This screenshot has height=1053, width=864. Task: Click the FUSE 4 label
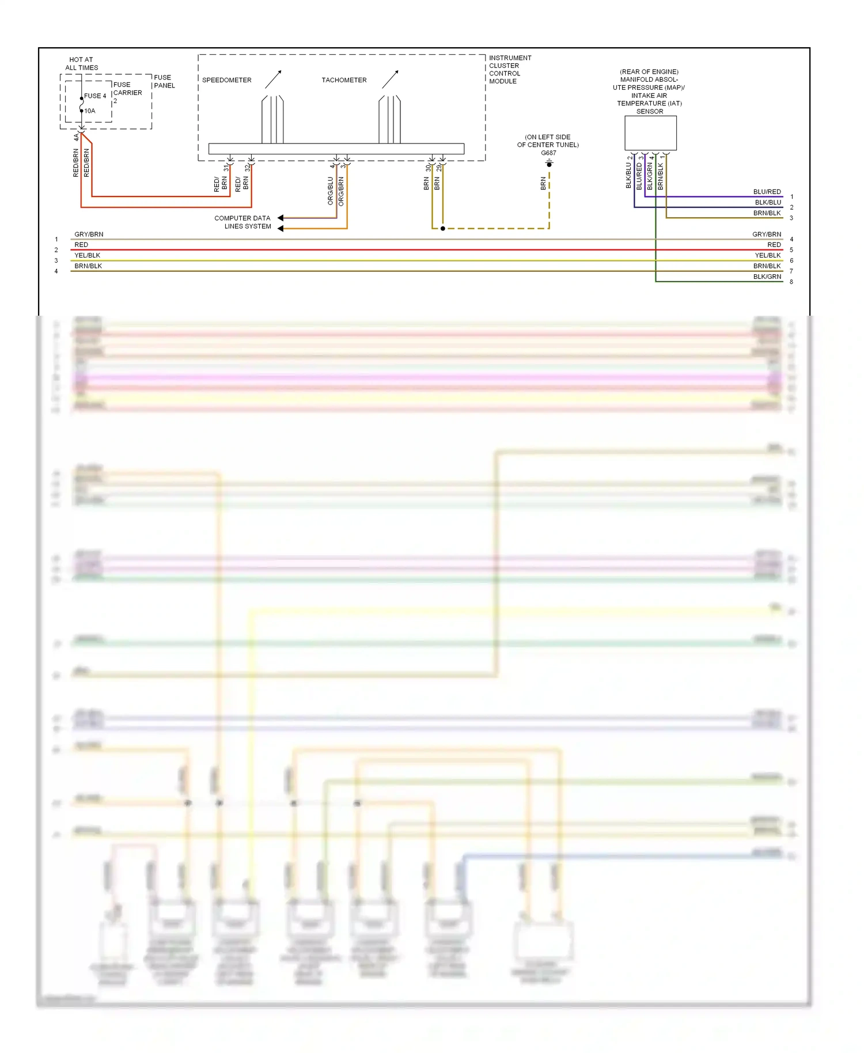pos(95,96)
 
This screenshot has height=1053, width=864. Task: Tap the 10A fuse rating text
pos(90,111)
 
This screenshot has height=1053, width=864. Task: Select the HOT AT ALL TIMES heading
pos(81,63)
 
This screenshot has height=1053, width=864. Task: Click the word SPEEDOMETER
pos(226,80)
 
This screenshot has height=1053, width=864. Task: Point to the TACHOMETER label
pos(344,80)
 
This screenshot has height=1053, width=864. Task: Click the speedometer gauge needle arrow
pos(273,79)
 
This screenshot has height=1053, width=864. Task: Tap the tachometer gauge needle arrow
pos(390,79)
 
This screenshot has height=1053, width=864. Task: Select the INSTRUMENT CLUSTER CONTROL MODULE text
pos(510,69)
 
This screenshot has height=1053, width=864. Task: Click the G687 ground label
pos(548,153)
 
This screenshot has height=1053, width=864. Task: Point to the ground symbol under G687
pos(549,164)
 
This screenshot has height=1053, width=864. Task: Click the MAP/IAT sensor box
pos(650,132)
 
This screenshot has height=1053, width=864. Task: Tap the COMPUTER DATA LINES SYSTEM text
pos(242,222)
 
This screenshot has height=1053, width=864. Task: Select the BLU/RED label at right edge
pos(767,192)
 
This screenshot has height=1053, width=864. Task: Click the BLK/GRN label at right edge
pos(767,276)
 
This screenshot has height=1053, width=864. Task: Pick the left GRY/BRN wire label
pos(89,234)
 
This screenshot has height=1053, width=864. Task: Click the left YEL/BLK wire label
pos(87,255)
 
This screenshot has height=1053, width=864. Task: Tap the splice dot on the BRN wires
pos(442,229)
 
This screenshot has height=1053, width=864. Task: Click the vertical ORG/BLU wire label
pos(331,191)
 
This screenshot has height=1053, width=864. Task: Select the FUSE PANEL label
pos(164,81)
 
